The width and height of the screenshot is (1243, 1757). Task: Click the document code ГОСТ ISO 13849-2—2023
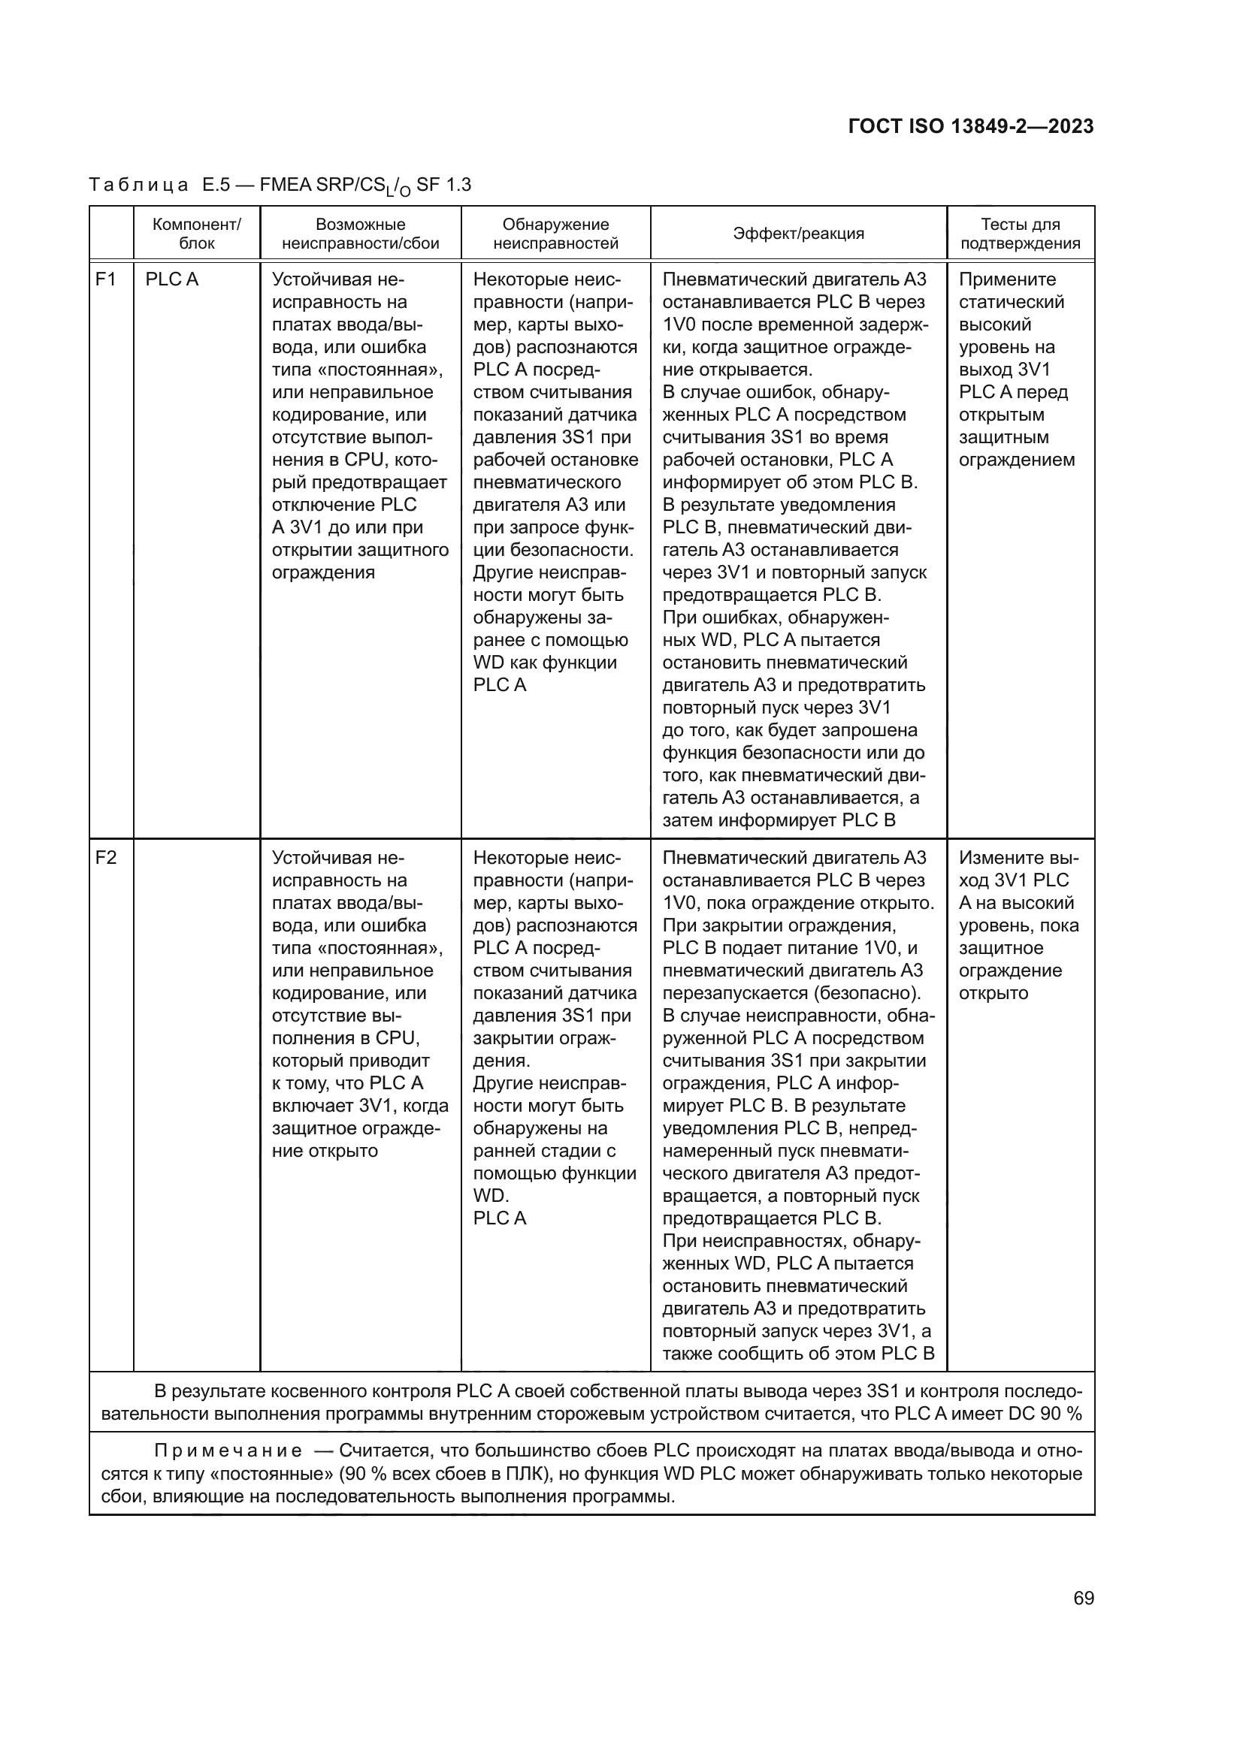tap(970, 126)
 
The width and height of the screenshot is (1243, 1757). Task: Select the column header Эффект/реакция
tap(798, 234)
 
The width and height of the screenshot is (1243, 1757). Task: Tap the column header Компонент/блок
tap(197, 234)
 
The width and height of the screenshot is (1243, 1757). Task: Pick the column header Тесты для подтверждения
tap(1021, 234)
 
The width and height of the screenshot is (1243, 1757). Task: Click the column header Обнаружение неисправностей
tap(555, 234)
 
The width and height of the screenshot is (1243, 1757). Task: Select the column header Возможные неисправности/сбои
tap(361, 234)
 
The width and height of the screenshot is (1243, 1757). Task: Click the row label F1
tap(106, 279)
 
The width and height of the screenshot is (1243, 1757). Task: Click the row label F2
tap(106, 858)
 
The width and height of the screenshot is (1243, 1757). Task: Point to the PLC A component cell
tap(171, 279)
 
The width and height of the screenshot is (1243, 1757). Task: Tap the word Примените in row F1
tap(1007, 279)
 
